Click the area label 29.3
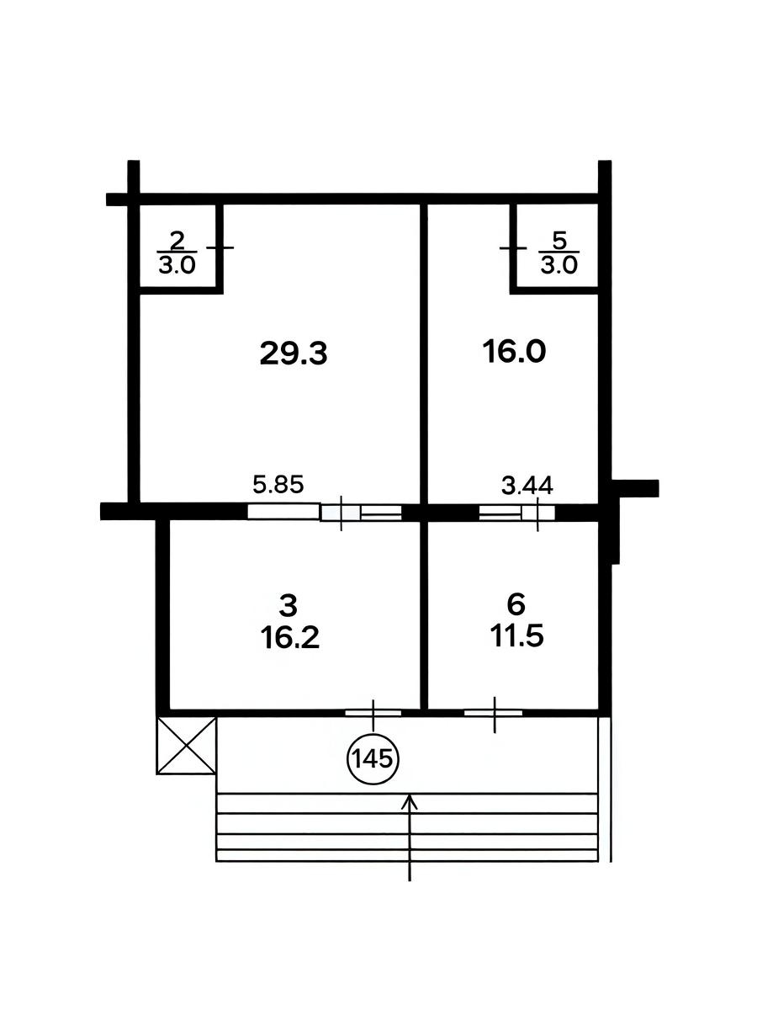tap(294, 353)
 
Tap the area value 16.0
tap(514, 352)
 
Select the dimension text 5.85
tap(278, 485)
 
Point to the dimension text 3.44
tap(527, 486)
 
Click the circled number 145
tap(373, 759)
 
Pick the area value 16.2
tap(289, 638)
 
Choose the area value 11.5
tap(516, 636)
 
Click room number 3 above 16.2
tap(289, 606)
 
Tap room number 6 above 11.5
tap(516, 604)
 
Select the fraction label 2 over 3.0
tap(177, 253)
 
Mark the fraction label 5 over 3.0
tap(558, 253)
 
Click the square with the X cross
tap(186, 746)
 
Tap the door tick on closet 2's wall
tap(220, 247)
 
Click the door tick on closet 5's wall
tap(513, 248)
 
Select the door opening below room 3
tap(373, 714)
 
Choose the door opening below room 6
tap(493, 714)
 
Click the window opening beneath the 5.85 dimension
tap(325, 512)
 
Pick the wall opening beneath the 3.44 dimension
tap(516, 512)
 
